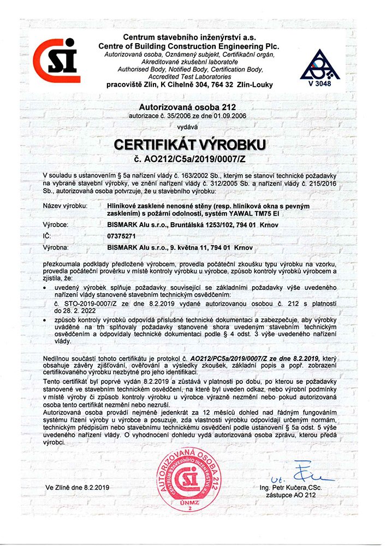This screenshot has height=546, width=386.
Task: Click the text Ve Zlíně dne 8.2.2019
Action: [79, 486]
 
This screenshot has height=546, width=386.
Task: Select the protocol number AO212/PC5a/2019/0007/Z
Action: [241, 355]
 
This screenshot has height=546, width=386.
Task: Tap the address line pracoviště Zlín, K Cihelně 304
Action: [189, 85]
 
